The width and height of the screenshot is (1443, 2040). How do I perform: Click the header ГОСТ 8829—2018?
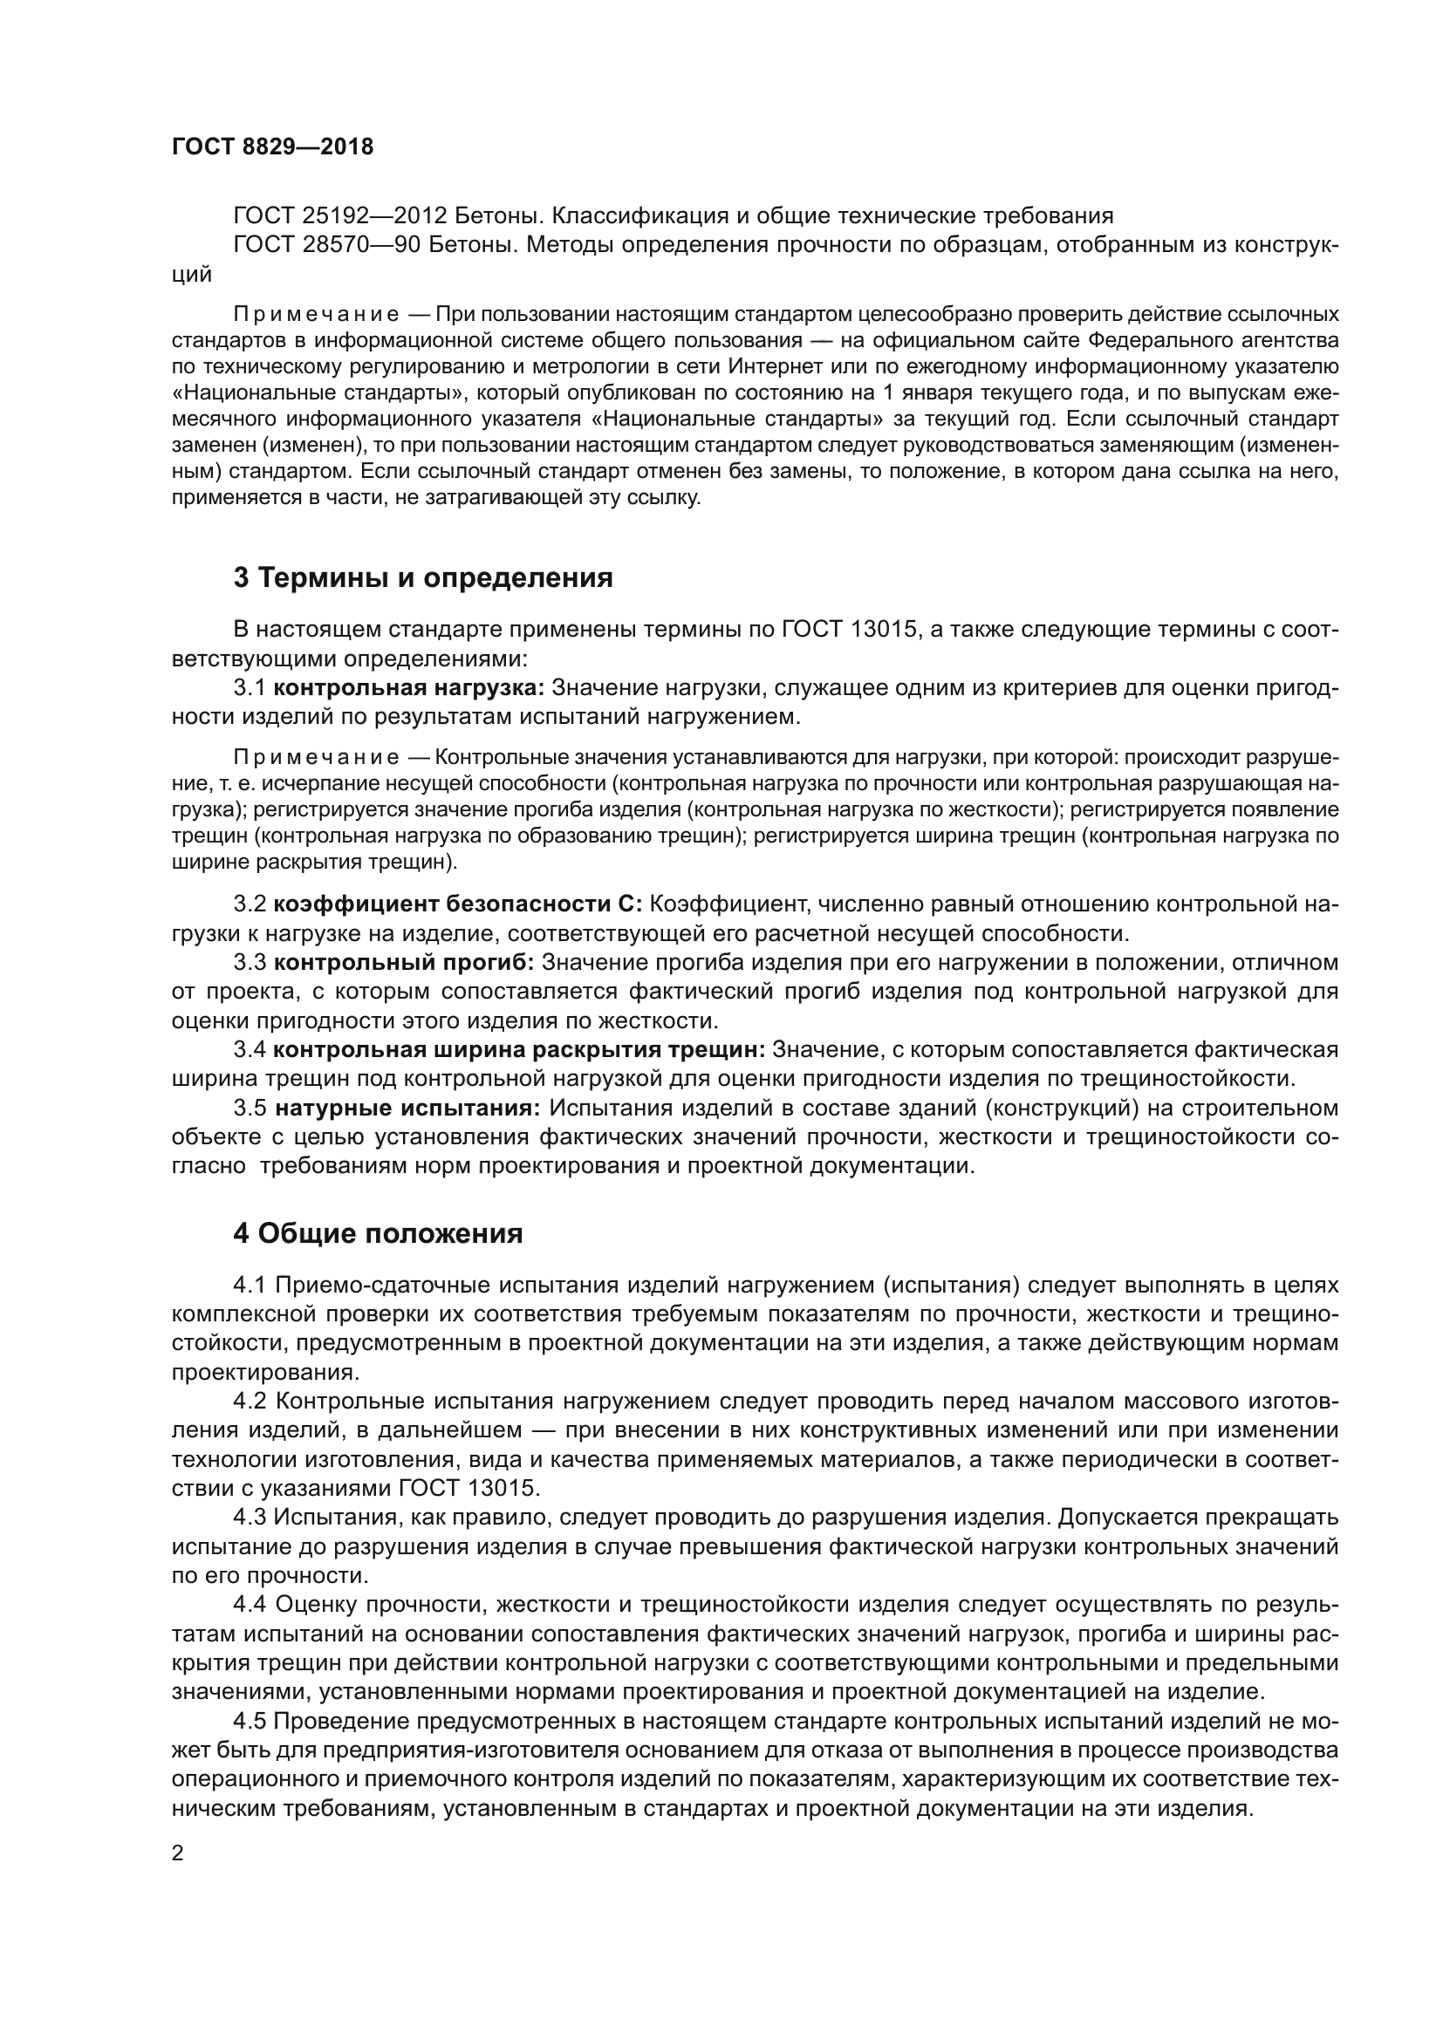273,147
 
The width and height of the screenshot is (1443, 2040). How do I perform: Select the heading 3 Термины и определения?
423,577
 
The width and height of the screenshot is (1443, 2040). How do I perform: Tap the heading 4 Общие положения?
378,1233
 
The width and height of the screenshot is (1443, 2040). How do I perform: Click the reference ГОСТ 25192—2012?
343,216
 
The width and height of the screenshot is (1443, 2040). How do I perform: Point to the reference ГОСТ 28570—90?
328,245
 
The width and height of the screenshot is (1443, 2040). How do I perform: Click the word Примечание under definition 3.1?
316,758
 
